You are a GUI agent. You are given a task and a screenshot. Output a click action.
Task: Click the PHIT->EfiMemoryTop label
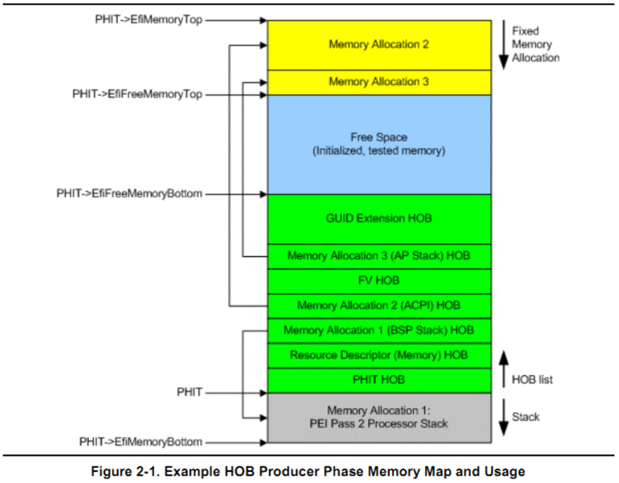(149, 20)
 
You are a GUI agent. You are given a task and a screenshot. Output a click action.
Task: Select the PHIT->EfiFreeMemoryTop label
(137, 94)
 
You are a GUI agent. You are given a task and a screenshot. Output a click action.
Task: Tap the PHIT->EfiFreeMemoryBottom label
(129, 194)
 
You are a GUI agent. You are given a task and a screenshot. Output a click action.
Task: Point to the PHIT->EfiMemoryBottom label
(140, 441)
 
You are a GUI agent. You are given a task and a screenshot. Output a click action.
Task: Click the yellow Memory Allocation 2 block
(379, 45)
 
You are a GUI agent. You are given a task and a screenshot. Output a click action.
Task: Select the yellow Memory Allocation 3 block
(379, 83)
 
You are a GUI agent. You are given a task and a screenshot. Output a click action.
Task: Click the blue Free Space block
(379, 145)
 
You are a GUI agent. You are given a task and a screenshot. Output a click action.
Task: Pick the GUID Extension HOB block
(379, 219)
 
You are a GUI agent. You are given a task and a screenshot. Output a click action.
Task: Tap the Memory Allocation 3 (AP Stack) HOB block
(379, 257)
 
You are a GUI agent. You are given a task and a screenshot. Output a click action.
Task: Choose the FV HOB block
(379, 282)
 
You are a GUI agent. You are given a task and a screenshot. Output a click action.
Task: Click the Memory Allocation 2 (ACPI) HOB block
(379, 306)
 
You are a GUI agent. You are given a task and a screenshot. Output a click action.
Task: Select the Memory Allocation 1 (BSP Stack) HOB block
(379, 331)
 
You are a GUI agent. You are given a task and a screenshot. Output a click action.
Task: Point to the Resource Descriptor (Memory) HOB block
(379, 356)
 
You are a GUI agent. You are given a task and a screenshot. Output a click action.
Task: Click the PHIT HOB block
(379, 380)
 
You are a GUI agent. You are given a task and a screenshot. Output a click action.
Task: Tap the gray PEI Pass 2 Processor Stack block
(379, 418)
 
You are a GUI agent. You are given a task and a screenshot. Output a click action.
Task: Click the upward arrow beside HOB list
(503, 369)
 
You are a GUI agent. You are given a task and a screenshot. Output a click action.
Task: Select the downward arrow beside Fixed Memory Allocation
(503, 45)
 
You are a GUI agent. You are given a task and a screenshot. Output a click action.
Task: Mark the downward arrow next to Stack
(503, 418)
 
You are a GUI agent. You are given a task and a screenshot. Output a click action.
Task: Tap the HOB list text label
(532, 379)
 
